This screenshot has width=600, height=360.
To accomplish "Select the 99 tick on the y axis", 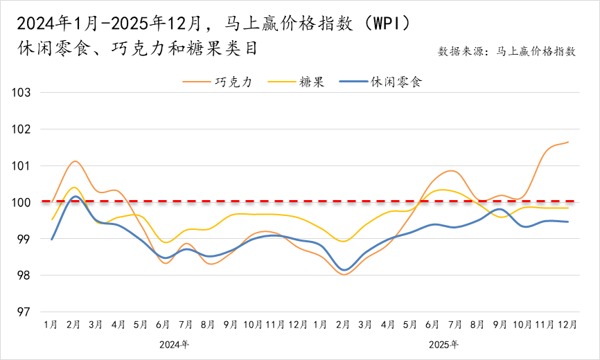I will point(26,239).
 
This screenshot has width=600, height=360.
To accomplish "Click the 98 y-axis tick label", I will point(26,276).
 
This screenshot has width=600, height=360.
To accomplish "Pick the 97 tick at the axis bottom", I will point(26,312).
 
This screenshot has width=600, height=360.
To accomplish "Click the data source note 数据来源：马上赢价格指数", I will point(506,51).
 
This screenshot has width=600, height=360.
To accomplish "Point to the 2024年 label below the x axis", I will point(174,344).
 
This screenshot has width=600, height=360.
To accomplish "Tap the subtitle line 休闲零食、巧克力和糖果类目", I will point(139,49).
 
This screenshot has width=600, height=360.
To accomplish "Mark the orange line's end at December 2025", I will point(568,142).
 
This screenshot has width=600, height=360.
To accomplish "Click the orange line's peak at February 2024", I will point(75,161).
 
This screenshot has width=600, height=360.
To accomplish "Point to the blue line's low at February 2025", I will point(344,270).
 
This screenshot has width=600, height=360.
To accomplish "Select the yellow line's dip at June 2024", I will point(165,242).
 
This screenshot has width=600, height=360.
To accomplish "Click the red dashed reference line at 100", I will point(277,201).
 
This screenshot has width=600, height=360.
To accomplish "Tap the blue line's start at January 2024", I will point(52,240).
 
